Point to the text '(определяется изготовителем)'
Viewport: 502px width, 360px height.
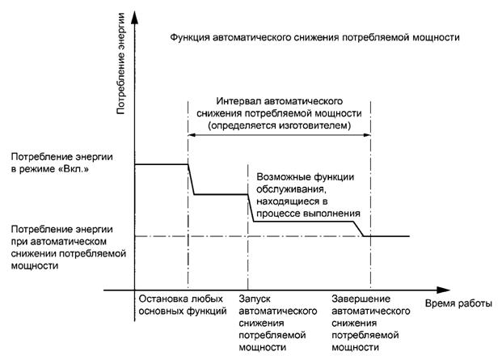(279, 127)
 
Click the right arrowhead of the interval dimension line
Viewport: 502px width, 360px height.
(366, 138)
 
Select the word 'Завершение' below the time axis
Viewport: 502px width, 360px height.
(359, 298)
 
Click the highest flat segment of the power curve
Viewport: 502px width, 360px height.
(160, 164)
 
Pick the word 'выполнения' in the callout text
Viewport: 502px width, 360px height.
(333, 212)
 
